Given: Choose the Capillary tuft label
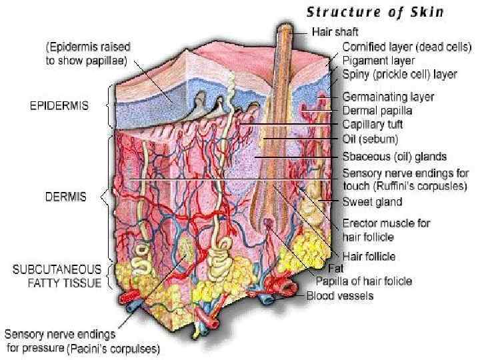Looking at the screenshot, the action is click(372, 124).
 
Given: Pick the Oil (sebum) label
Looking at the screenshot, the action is click(370, 139).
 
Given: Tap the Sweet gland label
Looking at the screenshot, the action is click(372, 202).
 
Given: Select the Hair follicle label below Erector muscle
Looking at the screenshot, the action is click(368, 256).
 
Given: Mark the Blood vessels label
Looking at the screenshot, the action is click(339, 295).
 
